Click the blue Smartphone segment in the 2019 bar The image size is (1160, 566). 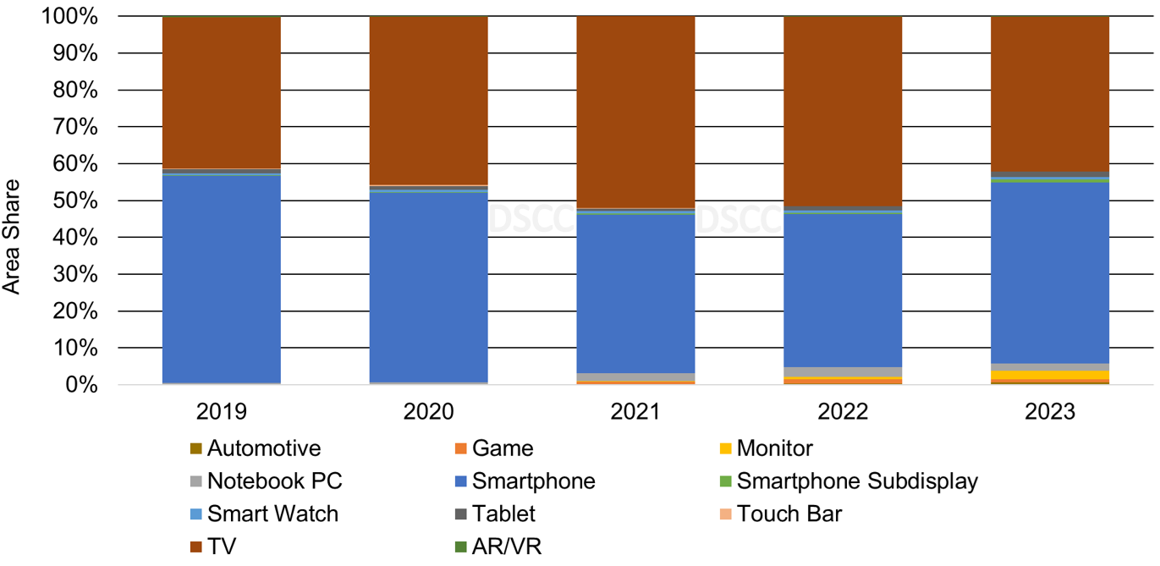pos(221,279)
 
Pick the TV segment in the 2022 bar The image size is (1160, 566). pos(843,110)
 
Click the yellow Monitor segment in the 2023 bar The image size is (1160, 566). pos(1050,375)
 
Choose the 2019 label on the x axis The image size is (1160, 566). pos(221,412)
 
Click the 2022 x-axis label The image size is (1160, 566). pos(843,412)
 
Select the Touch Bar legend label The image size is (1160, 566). pos(789,514)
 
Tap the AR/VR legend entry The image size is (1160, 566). pos(507,546)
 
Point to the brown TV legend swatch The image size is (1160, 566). pos(195,547)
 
